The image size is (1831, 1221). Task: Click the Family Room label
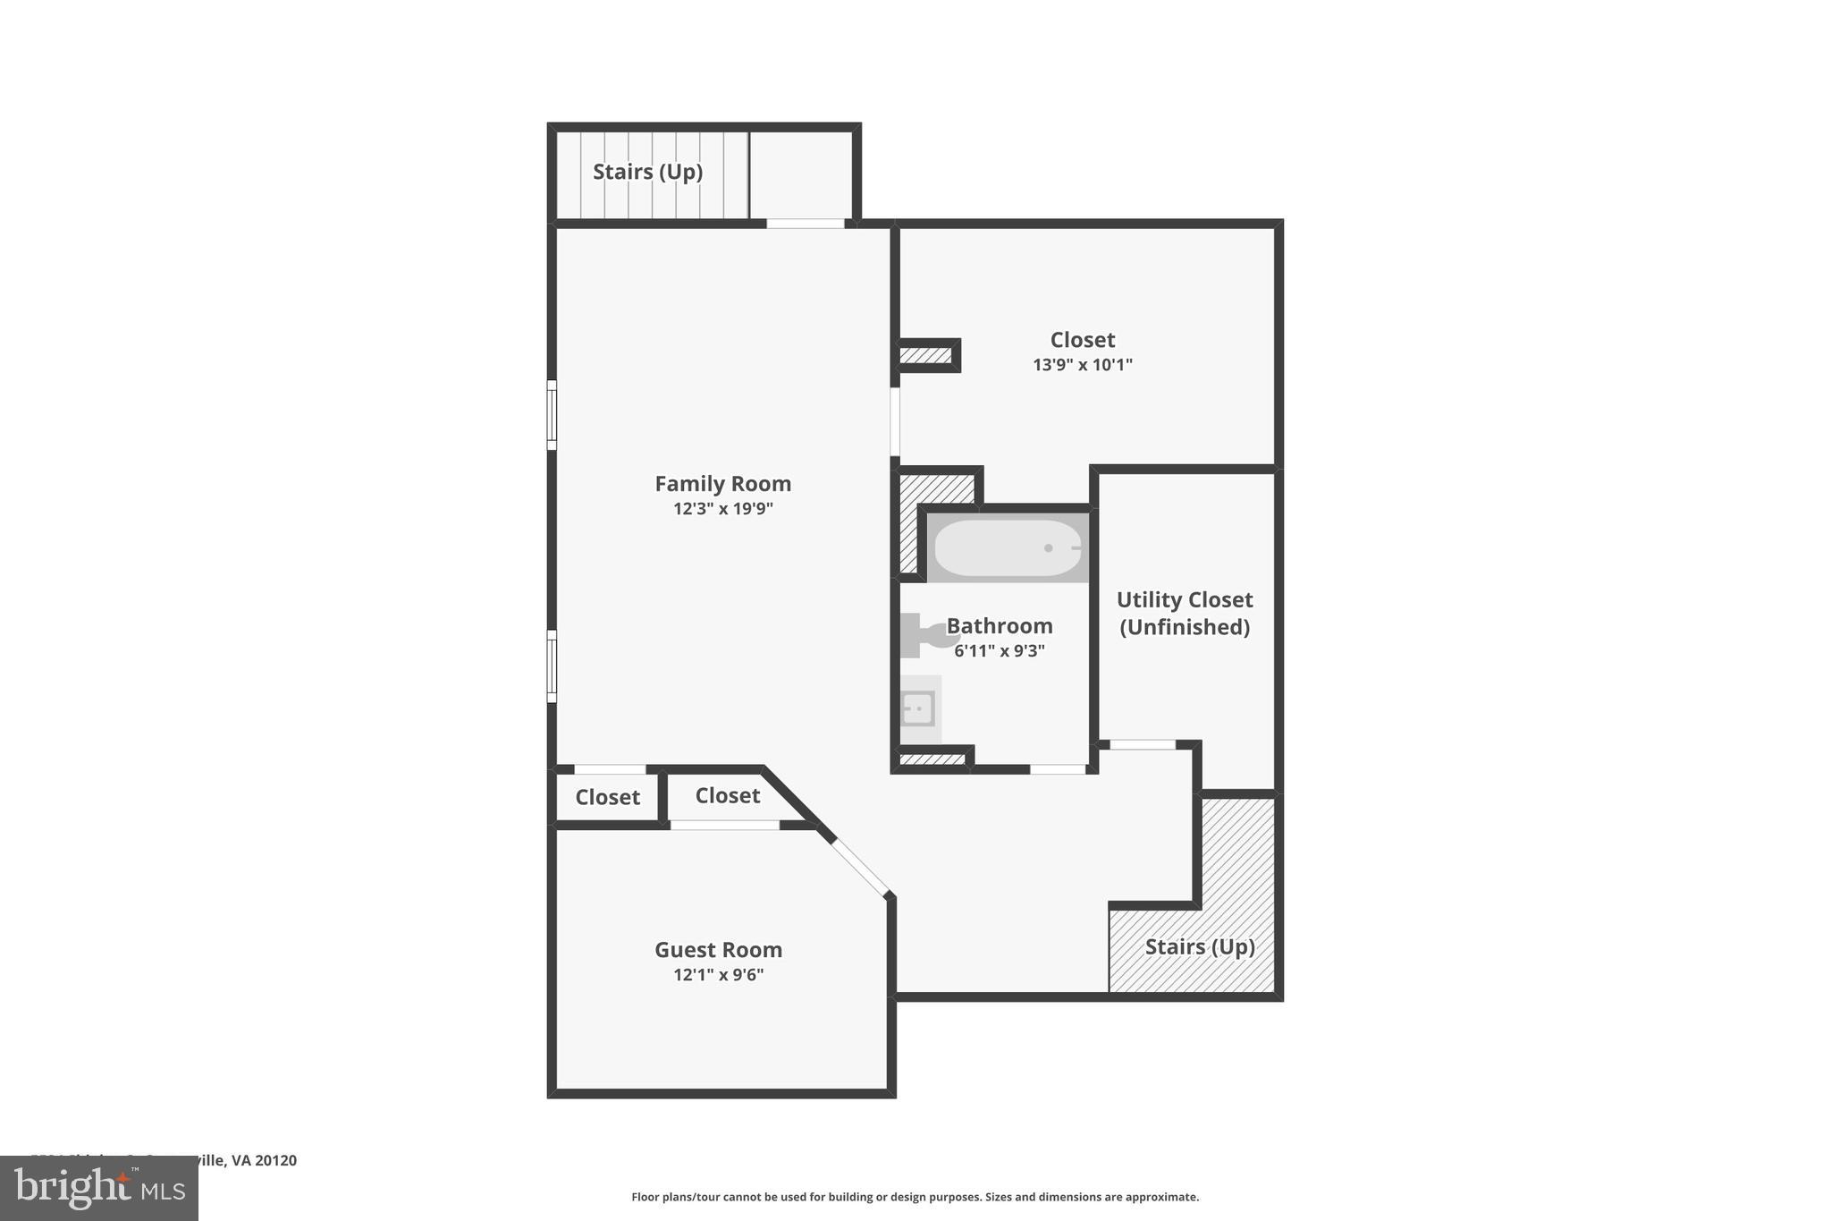point(722,484)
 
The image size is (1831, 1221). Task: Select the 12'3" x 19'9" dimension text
point(722,509)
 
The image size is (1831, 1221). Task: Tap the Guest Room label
point(718,950)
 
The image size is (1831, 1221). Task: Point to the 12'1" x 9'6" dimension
point(718,975)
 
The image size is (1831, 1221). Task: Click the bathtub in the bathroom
point(1008,548)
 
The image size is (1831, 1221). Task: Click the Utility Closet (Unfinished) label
point(1185,614)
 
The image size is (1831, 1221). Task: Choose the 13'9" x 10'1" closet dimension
point(1082,365)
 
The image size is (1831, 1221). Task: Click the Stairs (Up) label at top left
point(647,172)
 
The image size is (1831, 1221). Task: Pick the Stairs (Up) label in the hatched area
point(1200,947)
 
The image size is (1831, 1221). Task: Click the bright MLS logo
point(99,1188)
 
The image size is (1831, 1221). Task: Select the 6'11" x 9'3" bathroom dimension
point(999,651)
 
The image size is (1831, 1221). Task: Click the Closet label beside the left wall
point(607,797)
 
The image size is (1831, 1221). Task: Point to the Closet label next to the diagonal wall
point(727,795)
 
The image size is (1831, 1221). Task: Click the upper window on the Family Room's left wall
point(552,415)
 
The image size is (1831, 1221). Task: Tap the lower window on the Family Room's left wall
point(552,666)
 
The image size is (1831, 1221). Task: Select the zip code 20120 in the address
point(275,1160)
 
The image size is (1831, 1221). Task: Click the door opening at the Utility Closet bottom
point(1142,744)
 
